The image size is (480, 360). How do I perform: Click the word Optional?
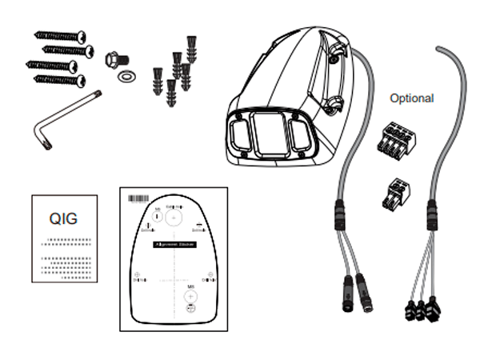[411, 98]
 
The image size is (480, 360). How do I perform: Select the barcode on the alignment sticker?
[141, 196]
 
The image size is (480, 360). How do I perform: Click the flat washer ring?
[126, 77]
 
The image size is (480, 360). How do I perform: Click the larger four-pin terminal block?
[393, 139]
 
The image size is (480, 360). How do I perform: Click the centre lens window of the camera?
[264, 133]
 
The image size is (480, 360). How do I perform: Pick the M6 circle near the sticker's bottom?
[191, 293]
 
